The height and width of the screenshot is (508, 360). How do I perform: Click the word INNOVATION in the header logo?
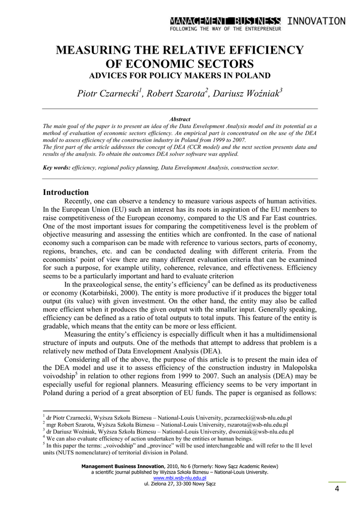(x=316, y=21)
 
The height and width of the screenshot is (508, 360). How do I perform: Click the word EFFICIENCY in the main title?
(x=262, y=50)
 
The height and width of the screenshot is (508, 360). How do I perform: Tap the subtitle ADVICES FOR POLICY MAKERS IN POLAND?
(x=179, y=75)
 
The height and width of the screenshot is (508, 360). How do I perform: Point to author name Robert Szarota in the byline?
(x=176, y=94)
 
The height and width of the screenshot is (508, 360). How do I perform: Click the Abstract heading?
(x=180, y=120)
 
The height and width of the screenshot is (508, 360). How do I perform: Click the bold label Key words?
(x=57, y=168)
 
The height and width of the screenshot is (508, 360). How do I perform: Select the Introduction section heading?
(x=66, y=192)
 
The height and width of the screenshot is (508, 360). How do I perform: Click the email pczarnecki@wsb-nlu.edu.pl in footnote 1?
(x=258, y=418)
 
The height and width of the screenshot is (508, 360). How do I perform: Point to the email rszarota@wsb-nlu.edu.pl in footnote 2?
(x=254, y=425)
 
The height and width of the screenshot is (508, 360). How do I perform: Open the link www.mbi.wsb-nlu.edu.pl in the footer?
(x=180, y=478)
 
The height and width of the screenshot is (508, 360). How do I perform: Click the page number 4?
(x=337, y=490)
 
